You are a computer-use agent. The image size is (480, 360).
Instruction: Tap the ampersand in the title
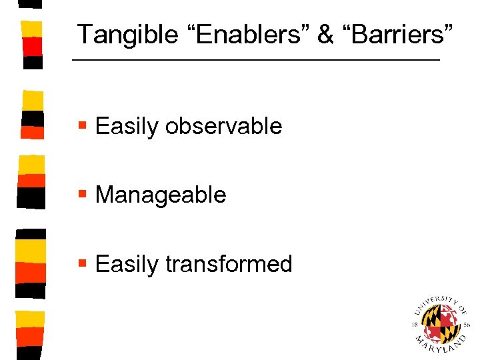[325, 35]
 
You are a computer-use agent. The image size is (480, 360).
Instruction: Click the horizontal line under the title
[256, 61]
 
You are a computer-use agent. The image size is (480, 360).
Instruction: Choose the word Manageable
[161, 195]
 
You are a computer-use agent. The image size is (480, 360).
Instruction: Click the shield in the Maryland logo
[440, 323]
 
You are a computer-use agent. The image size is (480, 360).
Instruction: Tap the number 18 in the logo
[415, 325]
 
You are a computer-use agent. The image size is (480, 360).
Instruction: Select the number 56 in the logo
[466, 325]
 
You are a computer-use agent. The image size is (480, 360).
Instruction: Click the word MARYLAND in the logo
[440, 347]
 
